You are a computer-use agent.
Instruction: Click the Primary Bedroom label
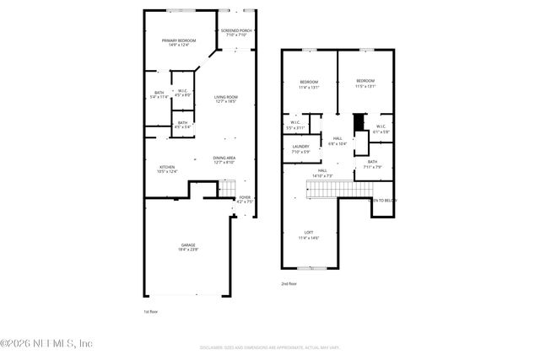pos(180,40)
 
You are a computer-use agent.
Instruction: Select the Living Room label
pos(225,98)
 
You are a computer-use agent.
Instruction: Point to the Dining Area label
pos(224,159)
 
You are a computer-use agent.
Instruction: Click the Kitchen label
pos(168,168)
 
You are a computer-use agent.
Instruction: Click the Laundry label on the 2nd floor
pos(300,148)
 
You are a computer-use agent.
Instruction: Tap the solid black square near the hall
pos(358,122)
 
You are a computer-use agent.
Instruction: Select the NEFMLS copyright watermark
pos(46,343)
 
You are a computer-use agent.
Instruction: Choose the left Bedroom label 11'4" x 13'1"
pos(309,84)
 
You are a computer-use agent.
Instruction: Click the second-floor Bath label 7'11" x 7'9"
pos(372,164)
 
